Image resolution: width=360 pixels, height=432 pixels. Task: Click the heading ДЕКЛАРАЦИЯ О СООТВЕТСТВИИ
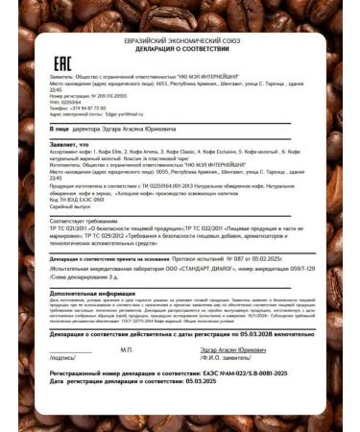pos(180,47)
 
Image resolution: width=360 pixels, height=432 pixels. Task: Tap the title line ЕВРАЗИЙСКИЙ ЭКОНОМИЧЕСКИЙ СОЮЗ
pos(180,39)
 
